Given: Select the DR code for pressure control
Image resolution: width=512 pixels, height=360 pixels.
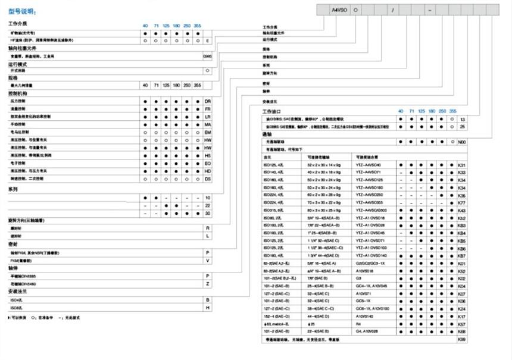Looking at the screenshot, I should pos(208,102).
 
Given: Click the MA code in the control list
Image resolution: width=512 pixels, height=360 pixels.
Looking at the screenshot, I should pos(208,124).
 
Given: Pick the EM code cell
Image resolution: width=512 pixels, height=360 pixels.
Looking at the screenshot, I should pos(208,132).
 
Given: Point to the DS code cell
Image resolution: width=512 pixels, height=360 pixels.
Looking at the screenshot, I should pos(208,179).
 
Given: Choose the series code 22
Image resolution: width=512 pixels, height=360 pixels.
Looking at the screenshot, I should pos(208,205).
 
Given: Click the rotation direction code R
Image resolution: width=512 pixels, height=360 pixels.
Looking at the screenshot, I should pos(208,228).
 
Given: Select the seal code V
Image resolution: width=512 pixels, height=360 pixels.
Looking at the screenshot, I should pos(208,260).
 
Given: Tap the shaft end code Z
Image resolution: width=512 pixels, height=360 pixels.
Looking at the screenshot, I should pos(208,284).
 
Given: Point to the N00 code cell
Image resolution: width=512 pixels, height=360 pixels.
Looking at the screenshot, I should pos(462,142).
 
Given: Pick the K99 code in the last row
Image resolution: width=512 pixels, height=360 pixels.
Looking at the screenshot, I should pos(462,339).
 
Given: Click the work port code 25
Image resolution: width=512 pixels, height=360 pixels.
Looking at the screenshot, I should pos(463,127).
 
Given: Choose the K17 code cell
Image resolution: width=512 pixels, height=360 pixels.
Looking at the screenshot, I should pos(462,316).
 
